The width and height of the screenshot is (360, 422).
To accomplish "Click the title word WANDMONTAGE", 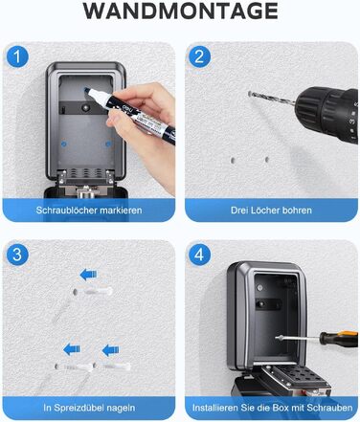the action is click(x=180, y=11).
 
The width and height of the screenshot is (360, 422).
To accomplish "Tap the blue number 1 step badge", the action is click(x=17, y=56).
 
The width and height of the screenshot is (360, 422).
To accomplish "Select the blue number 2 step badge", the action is click(x=199, y=56).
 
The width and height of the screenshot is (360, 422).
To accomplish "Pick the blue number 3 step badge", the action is click(x=17, y=255).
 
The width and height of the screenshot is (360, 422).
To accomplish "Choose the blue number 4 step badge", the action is click(x=199, y=255).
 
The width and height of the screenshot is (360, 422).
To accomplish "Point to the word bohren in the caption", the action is click(x=296, y=211).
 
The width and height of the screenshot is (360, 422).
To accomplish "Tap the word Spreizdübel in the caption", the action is click(x=79, y=408).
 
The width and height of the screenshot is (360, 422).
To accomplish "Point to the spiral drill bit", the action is click(x=272, y=98).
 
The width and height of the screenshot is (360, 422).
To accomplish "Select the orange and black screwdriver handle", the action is click(x=339, y=339).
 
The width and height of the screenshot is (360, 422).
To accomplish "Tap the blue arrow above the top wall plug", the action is click(x=88, y=275).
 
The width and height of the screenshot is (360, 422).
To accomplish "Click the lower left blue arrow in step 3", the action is click(x=72, y=349).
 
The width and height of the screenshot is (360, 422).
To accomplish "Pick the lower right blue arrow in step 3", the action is click(x=110, y=350).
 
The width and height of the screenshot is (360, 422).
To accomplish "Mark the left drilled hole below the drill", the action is click(x=234, y=160).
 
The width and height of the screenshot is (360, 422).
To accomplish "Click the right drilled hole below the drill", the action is click(x=267, y=160).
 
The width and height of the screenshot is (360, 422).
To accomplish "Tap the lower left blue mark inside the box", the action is click(x=63, y=144).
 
